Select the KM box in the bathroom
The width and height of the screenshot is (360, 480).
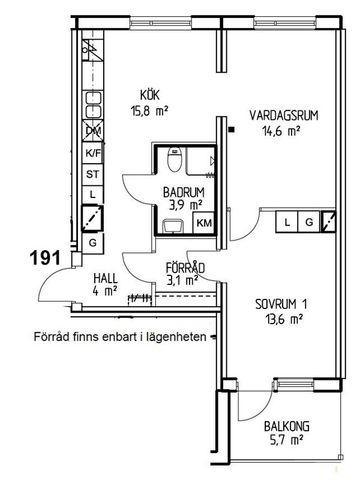click(202, 222)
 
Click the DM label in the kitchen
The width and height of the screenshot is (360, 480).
click(93, 131)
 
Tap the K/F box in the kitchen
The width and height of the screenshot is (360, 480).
click(93, 152)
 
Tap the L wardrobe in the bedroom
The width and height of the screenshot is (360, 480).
click(288, 221)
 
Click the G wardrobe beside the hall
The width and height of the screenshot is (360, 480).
click(93, 242)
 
